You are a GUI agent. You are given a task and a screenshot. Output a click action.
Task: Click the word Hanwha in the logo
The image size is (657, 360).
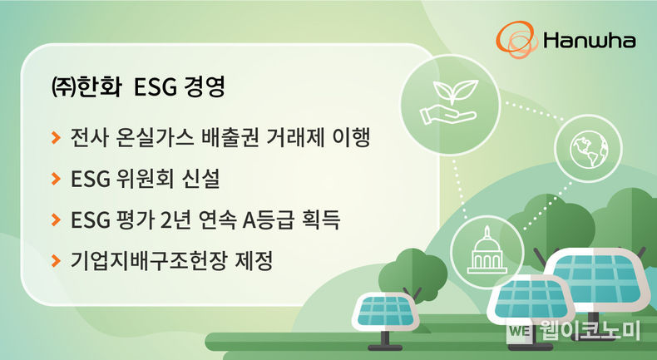pyautogui.click(x=589, y=41)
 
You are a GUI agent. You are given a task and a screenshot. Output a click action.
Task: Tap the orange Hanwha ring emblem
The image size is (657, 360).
pyautogui.click(x=516, y=39)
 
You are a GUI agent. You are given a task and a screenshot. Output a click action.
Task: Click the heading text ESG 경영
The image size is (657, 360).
pyautogui.click(x=180, y=86)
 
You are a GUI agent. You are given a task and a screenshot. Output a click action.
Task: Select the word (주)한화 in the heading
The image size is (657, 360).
pyautogui.click(x=86, y=86)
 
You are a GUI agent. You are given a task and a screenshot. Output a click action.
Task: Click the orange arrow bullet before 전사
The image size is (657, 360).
pyautogui.click(x=56, y=137)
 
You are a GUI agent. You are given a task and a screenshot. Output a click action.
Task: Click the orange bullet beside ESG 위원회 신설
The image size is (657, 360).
pyautogui.click(x=56, y=179)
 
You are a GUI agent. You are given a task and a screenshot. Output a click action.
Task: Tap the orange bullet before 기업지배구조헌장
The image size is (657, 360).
pyautogui.click(x=56, y=260)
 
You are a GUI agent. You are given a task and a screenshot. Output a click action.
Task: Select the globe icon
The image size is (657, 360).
pyautogui.click(x=588, y=149)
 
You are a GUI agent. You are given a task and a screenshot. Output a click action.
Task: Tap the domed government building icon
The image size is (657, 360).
pyautogui.click(x=487, y=250)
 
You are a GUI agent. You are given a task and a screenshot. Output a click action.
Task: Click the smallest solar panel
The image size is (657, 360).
pyautogui.click(x=386, y=313)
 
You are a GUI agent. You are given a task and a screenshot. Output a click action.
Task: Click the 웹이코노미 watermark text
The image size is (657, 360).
pyautogui.click(x=589, y=331)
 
